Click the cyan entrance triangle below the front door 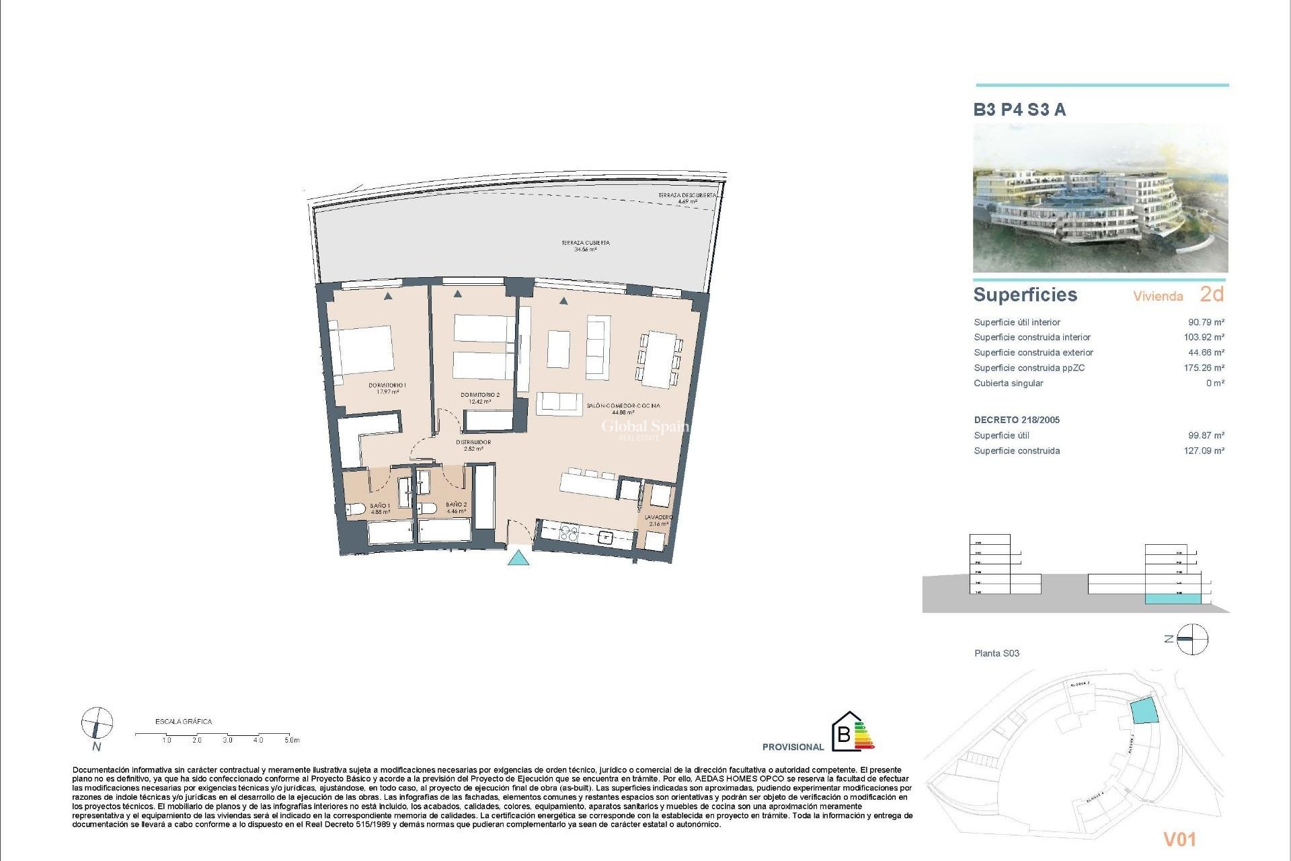(518, 558)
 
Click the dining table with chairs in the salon (660, 359)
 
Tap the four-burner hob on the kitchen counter (569, 533)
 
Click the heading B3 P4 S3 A (1019, 110)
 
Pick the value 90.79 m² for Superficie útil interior (1206, 322)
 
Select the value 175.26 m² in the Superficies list (1204, 368)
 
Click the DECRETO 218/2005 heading (1017, 420)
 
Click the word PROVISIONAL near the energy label (793, 747)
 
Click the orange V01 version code (1179, 839)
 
